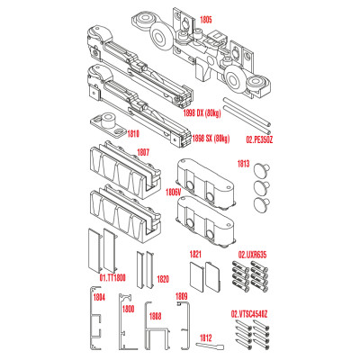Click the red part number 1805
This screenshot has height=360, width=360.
pyautogui.click(x=205, y=20)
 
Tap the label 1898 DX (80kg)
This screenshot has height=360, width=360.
pyautogui.click(x=202, y=113)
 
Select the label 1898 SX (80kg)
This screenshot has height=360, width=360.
pyautogui.click(x=211, y=139)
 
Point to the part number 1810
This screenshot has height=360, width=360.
pyautogui.click(x=133, y=133)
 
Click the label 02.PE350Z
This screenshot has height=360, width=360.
pyautogui.click(x=259, y=139)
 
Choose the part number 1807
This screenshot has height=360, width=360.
pyautogui.click(x=143, y=153)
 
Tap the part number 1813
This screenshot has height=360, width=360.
pyautogui.click(x=243, y=164)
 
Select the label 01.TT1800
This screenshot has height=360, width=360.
pyautogui.click(x=112, y=278)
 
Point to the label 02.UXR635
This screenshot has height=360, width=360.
pyautogui.click(x=252, y=255)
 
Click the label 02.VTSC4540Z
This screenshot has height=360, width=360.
pyautogui.click(x=249, y=314)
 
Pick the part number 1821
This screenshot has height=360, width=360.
pyautogui.click(x=195, y=255)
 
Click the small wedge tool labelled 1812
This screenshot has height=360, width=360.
pyautogui.click(x=210, y=346)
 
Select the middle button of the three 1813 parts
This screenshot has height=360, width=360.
pyautogui.click(x=262, y=187)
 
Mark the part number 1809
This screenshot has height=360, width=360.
pyautogui.click(x=182, y=296)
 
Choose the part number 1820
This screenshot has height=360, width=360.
pyautogui.click(x=163, y=279)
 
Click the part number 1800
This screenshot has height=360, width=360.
pyautogui.click(x=128, y=309)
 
